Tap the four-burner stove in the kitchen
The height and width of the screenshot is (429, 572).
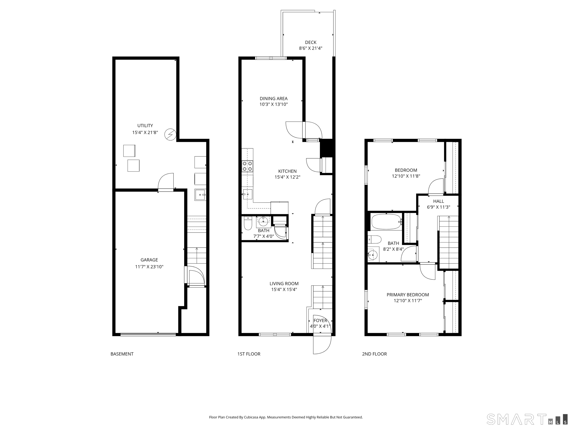tap(247, 166)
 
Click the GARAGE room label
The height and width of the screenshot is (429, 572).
tap(149, 260)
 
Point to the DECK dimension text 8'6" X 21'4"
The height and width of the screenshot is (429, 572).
tap(311, 48)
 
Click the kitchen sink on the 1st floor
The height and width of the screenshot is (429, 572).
tap(247, 194)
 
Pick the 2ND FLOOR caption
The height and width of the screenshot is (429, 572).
tap(374, 354)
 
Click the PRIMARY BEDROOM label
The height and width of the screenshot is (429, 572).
tap(408, 295)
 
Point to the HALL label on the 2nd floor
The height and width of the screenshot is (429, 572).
tap(438, 201)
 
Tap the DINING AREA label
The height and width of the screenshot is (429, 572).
tap(274, 98)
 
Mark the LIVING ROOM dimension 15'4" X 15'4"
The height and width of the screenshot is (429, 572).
tap(284, 289)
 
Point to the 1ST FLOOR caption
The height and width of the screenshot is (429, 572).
tap(249, 354)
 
